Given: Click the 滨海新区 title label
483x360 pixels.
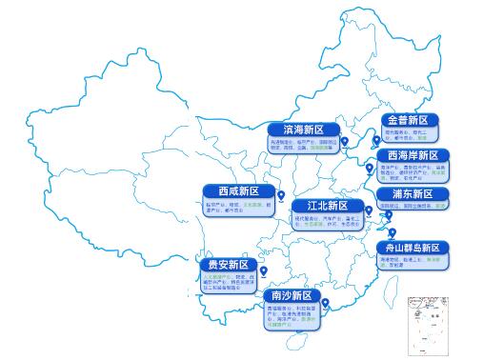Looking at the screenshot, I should click(305, 129).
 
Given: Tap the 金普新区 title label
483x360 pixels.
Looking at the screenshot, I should click(412, 121).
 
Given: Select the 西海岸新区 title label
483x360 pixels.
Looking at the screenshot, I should click(413, 155).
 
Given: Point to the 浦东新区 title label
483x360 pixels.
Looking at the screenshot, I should click(413, 193).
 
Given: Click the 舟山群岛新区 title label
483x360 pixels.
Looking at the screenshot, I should click(413, 248).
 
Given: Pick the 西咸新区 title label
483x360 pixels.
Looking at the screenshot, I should click(231, 190).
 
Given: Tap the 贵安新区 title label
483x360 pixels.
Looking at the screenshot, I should click(229, 264).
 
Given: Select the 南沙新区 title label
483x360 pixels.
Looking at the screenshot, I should click(293, 296).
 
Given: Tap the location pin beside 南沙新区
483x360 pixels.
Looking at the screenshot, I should click(326, 304).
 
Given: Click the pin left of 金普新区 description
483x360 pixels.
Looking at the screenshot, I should click(375, 140).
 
